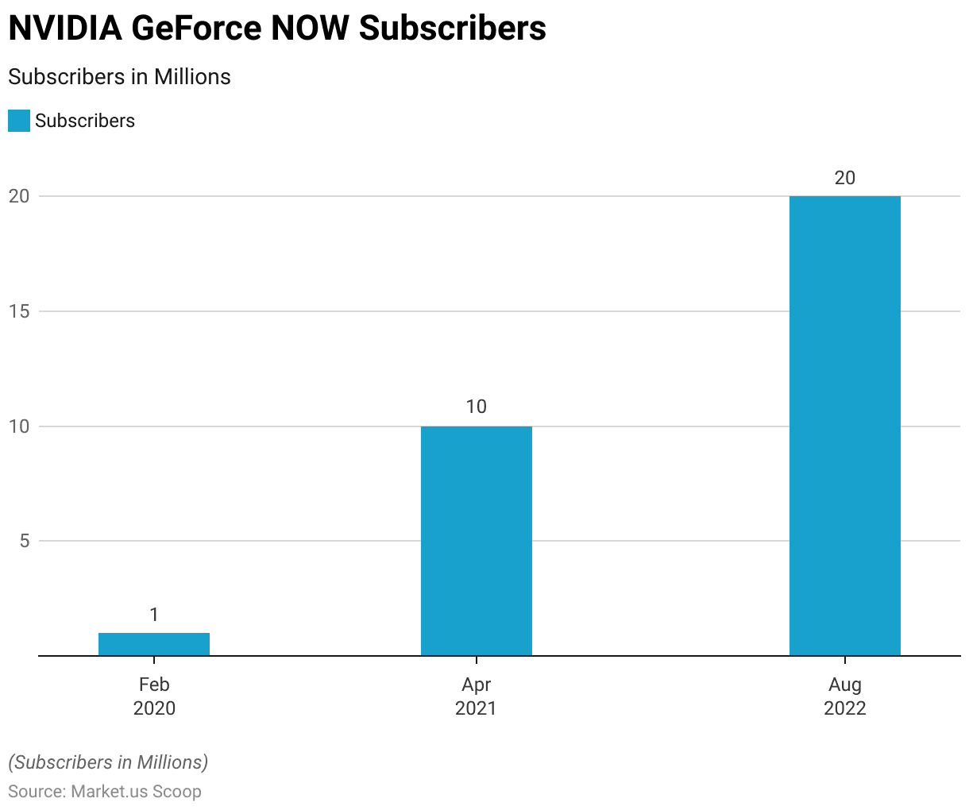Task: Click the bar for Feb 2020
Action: tap(154, 644)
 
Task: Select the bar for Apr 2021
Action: tap(476, 541)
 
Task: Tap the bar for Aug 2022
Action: tap(844, 426)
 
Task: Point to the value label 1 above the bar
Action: tap(154, 614)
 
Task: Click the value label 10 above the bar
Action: tap(476, 407)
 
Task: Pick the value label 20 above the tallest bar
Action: tap(844, 177)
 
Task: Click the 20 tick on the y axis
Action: tap(19, 196)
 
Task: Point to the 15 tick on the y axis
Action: tap(19, 311)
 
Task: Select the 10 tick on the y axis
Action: tap(19, 426)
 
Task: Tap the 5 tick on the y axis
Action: tap(24, 541)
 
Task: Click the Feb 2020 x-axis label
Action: tap(154, 696)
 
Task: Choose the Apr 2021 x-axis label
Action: tap(476, 696)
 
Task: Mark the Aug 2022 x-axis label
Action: tap(844, 696)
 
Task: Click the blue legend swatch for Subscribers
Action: tap(19, 121)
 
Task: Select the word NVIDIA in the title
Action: tap(64, 29)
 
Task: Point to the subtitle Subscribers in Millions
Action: tap(119, 77)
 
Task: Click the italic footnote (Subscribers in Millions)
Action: tap(108, 762)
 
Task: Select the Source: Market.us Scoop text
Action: tap(105, 792)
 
